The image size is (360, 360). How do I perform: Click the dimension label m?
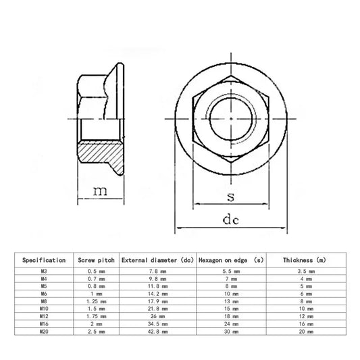coord(100,191)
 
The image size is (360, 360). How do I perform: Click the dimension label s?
coord(231,197)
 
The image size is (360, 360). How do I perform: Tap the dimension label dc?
coord(231,219)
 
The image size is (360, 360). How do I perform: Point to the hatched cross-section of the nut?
coord(101,156)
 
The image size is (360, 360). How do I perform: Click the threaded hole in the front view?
coord(231,119)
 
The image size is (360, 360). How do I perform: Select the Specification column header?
coord(44,260)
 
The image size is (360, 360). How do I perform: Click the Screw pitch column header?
coord(96,260)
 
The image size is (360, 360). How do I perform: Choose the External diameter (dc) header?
coord(158,260)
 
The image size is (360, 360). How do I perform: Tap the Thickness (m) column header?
coord(305,260)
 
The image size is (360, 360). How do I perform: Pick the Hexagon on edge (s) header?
coord(231,260)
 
